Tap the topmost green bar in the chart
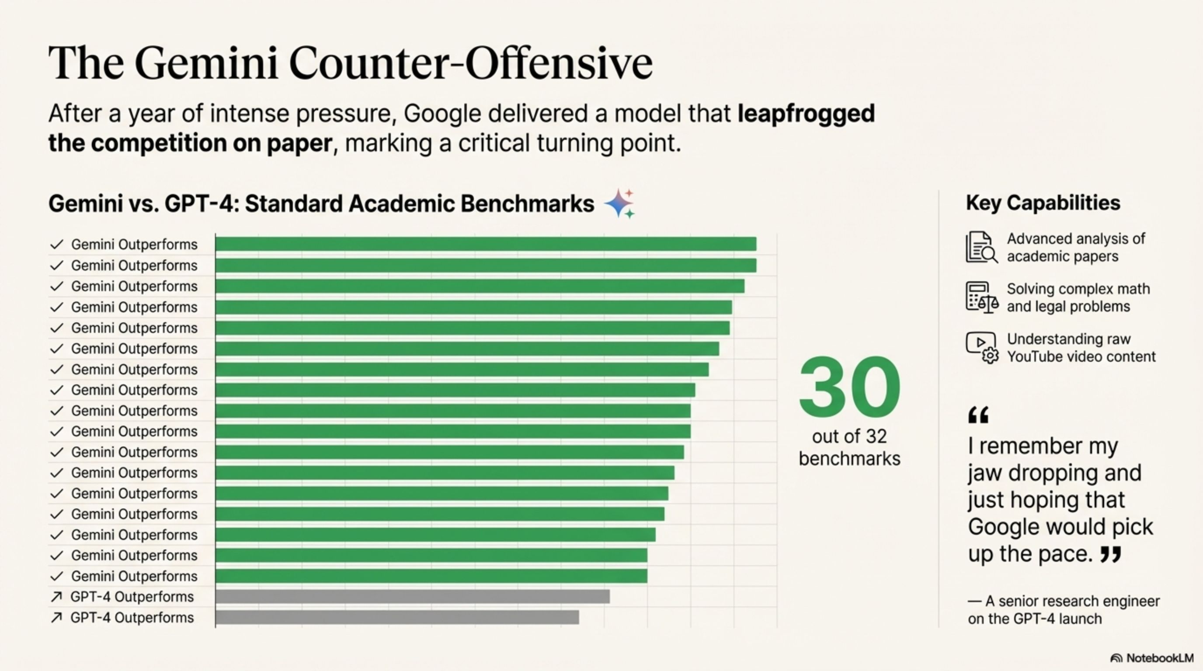point(486,244)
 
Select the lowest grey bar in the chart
point(397,617)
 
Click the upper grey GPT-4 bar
point(412,596)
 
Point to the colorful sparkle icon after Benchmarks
point(620,204)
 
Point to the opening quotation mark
point(978,415)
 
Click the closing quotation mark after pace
point(1110,554)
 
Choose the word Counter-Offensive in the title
point(471,64)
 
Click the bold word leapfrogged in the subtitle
point(806,114)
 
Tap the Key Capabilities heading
point(1043,203)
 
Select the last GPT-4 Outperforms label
point(132,618)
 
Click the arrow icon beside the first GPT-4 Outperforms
point(56,597)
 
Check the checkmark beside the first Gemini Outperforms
point(56,245)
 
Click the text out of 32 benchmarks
point(849,447)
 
